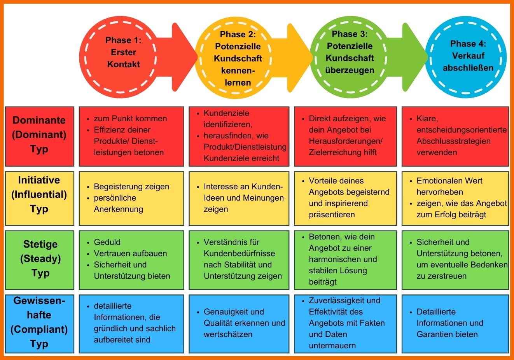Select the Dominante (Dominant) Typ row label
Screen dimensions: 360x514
[39, 135]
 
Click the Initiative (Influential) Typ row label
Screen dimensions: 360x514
[39, 194]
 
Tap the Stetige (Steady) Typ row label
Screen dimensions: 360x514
[39, 259]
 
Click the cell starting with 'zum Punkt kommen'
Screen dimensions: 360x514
[131, 136]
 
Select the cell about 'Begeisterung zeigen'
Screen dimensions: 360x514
[131, 198]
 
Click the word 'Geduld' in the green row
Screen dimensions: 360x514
[107, 242]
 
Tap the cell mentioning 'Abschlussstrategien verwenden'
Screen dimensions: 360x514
[455, 136]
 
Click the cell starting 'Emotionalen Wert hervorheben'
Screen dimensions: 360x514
[455, 198]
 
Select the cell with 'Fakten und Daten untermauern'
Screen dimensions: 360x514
[344, 323]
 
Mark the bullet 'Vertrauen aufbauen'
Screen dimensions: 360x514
[130, 253]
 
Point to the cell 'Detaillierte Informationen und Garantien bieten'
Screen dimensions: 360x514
[455, 323]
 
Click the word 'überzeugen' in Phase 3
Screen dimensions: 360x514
[350, 70]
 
